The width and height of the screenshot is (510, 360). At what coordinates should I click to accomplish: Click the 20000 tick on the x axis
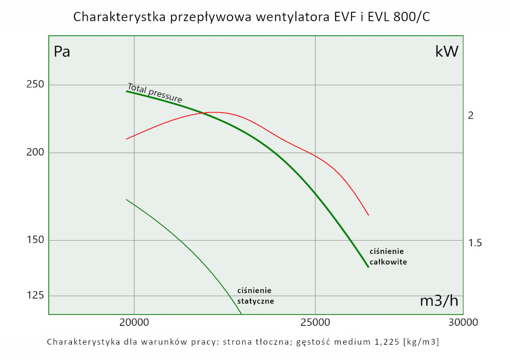pos(134,322)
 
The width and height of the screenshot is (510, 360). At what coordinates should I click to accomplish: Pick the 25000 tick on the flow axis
pos(315,322)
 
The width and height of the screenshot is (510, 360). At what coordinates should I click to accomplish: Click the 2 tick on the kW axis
pos(471,116)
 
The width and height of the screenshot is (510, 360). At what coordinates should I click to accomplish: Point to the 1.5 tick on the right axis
pos(475,243)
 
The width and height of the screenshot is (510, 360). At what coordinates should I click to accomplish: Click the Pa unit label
pos(62,52)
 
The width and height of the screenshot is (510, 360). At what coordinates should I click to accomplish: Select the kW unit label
pos(447,52)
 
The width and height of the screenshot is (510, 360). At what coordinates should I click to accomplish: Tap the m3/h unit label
pos(439,301)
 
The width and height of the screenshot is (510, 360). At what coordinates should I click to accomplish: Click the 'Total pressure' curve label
pos(155,92)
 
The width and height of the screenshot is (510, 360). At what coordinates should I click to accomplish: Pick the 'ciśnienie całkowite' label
pos(388,256)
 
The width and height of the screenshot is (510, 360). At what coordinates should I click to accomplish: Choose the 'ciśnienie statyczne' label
pos(256,296)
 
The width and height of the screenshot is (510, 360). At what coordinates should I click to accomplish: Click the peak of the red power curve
pos(215,112)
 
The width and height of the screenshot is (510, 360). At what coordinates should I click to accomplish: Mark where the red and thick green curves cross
pos(203,113)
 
